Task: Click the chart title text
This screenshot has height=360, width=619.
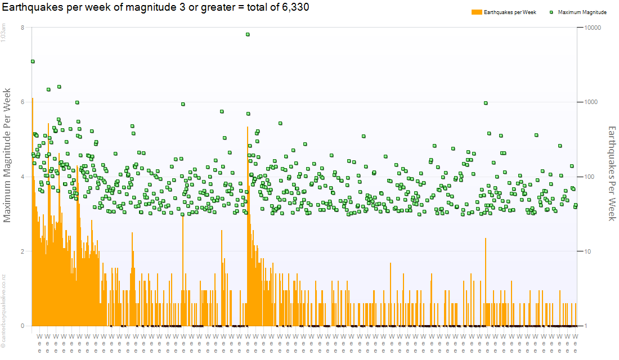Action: [155, 7]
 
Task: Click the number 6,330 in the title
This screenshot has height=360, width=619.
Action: [294, 7]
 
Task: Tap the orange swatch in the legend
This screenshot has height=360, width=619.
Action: [477, 12]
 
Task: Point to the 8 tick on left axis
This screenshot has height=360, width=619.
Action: [22, 28]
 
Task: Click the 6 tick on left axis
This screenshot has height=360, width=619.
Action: [22, 102]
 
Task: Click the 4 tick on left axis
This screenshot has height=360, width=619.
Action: [22, 177]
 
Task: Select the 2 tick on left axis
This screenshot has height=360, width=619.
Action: [22, 251]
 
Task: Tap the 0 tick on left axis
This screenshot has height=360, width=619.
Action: [22, 326]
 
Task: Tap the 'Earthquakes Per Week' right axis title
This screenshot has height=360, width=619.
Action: [612, 173]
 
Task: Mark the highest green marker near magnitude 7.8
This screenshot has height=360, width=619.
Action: [248, 34]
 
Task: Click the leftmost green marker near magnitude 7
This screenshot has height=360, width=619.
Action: [33, 61]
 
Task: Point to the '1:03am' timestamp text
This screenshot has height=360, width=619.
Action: [4, 33]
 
